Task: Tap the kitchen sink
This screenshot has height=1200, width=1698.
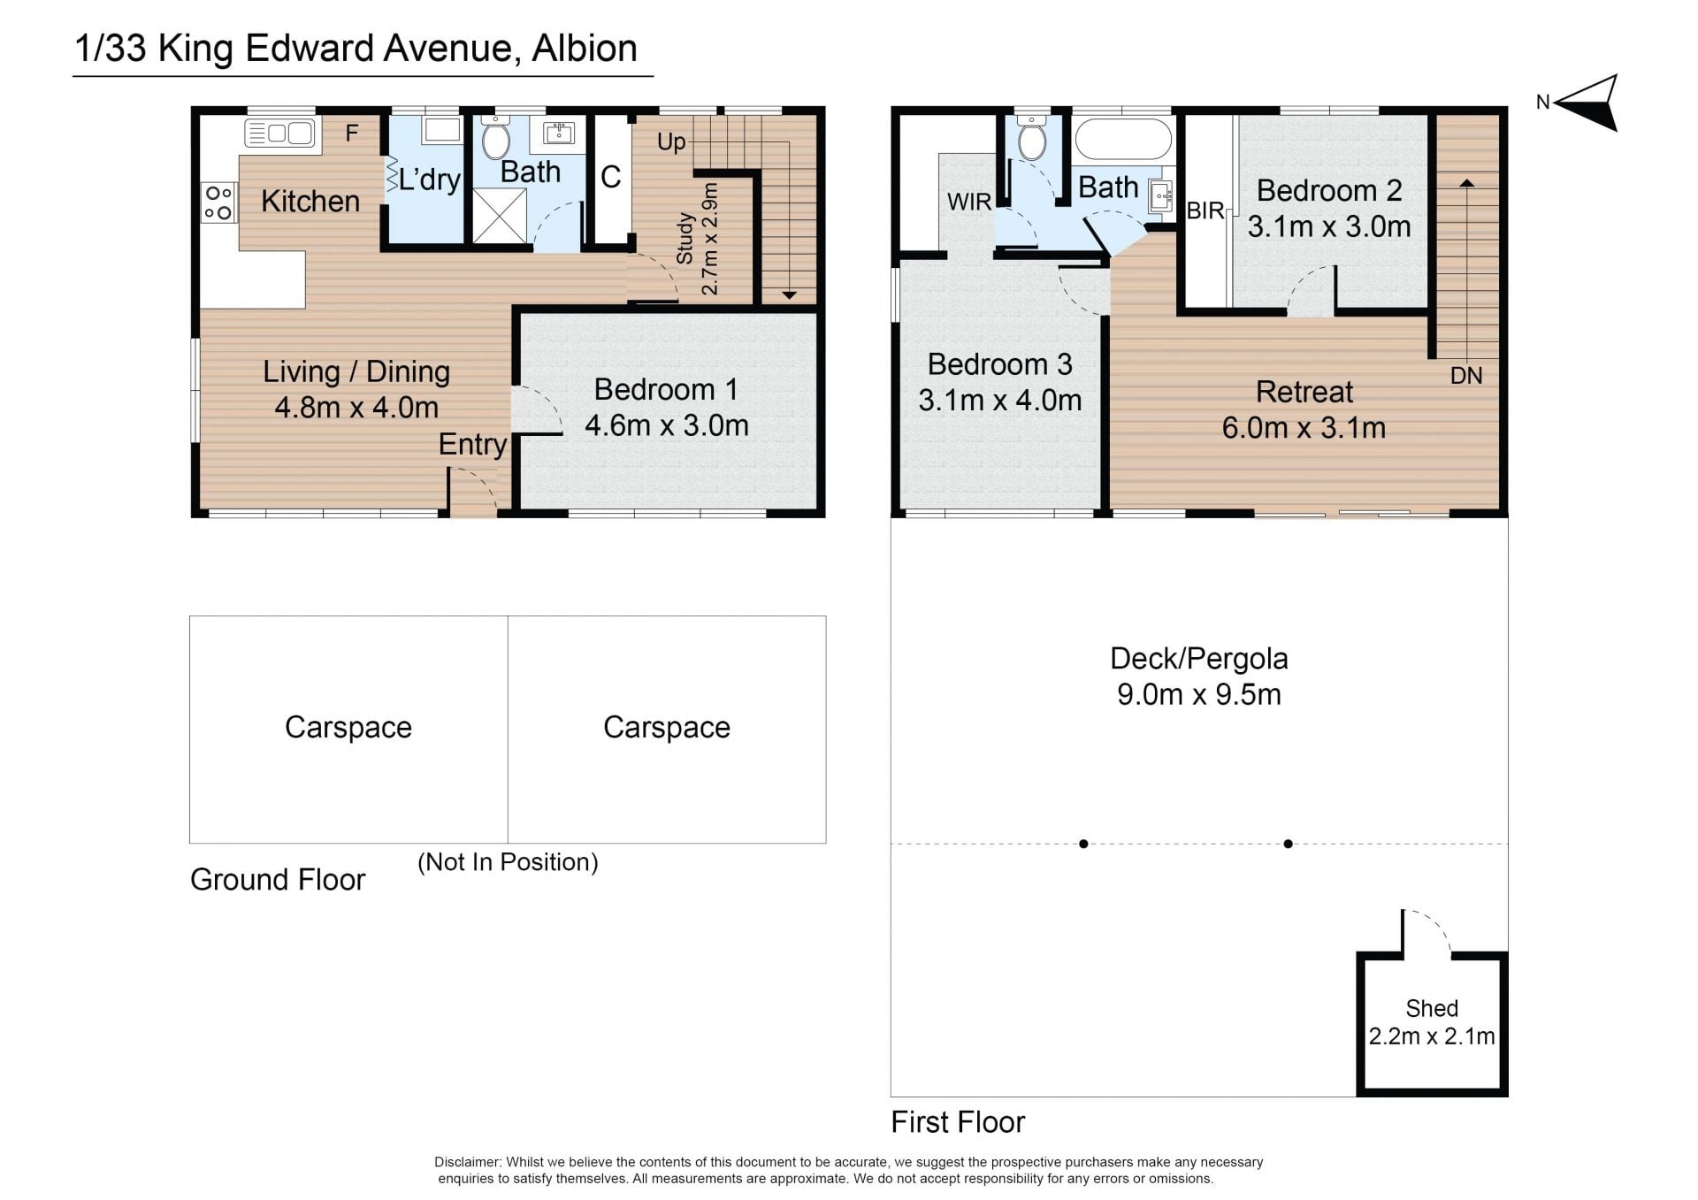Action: point(279,134)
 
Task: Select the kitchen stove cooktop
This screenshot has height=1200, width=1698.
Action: point(218,203)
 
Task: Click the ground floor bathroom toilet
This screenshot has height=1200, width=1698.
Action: point(495,139)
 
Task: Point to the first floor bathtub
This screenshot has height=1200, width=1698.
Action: point(1123,140)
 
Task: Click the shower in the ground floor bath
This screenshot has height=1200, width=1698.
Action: point(499,215)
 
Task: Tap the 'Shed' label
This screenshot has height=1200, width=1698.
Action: point(1432,1008)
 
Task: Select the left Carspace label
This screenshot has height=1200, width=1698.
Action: point(348,727)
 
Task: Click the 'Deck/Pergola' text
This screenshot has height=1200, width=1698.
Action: point(1198,659)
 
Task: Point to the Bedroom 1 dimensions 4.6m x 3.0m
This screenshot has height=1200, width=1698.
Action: point(667,425)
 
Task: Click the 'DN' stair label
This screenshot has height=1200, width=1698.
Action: point(1466,376)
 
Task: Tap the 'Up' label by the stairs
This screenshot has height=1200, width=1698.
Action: point(671,142)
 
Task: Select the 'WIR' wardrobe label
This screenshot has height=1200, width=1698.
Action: point(969,202)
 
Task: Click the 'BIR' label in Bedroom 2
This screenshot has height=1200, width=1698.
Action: point(1205,210)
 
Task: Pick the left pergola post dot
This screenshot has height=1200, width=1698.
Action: point(1083,844)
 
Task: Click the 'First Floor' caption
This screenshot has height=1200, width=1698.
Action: point(958,1122)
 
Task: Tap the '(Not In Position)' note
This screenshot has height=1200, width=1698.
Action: point(508,862)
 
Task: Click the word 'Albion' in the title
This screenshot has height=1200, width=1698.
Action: point(584,49)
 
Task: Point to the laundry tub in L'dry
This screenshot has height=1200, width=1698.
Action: point(441,130)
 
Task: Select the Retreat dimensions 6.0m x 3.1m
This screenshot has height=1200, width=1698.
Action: point(1304,428)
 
